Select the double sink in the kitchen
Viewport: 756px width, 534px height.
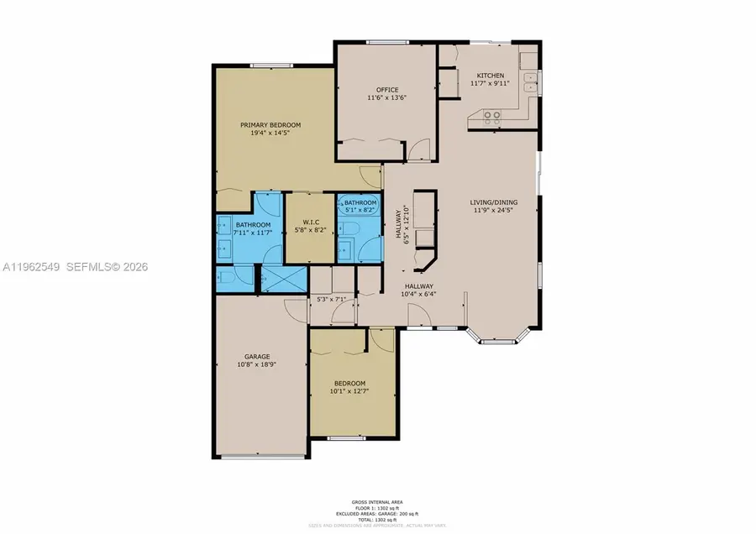[x=528, y=83]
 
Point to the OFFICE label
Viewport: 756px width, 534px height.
[x=386, y=90]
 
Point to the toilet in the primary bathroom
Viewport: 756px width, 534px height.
[x=228, y=278]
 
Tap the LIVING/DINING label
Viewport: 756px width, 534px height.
[x=493, y=202]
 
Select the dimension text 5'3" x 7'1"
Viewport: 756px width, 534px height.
[x=329, y=299]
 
